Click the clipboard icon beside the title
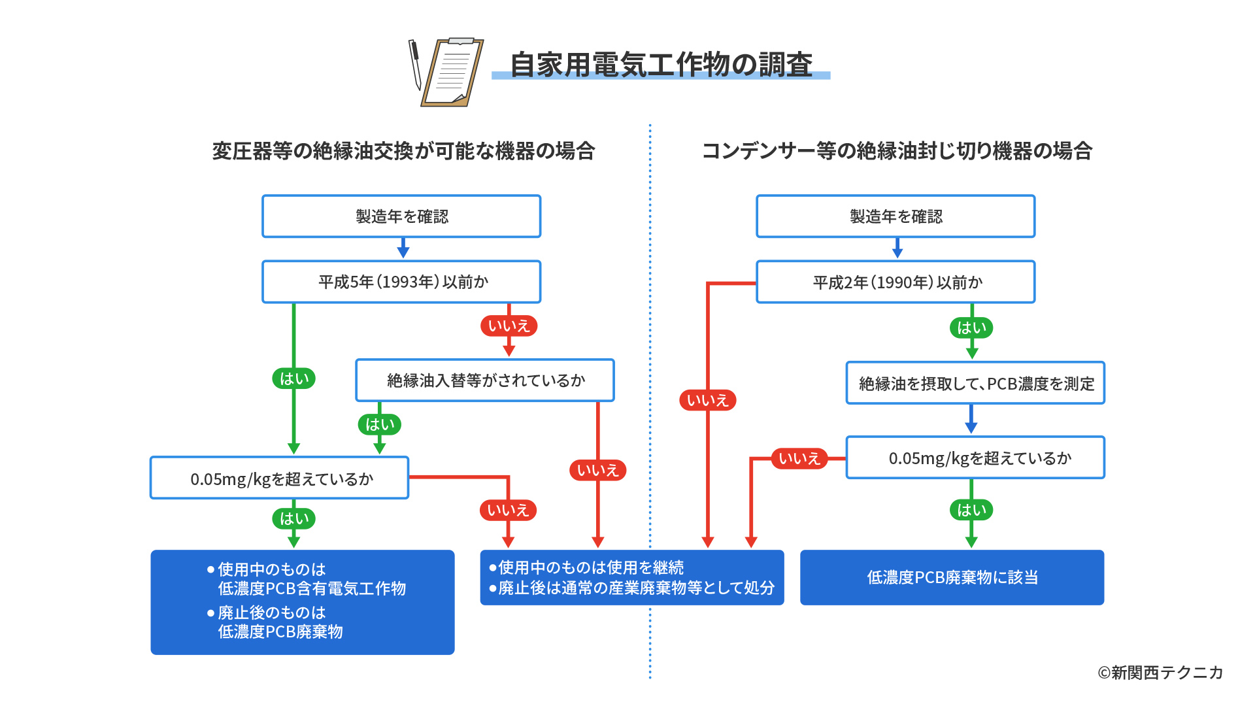tap(452, 72)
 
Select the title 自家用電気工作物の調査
tap(660, 65)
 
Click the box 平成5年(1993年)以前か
tap(401, 282)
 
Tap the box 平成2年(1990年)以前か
tap(895, 282)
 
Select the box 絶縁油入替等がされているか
tap(484, 380)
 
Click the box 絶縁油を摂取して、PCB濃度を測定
tap(975, 383)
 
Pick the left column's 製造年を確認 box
tap(401, 216)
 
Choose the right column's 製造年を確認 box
tap(895, 216)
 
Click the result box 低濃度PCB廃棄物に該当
tap(952, 577)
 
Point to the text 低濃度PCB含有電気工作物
tap(312, 588)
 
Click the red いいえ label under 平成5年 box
tap(509, 326)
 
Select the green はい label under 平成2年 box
tap(971, 328)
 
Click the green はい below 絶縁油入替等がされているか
tap(379, 424)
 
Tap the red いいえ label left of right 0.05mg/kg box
tap(799, 458)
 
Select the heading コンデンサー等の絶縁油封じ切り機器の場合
tap(897, 151)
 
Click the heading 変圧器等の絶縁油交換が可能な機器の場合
tap(403, 151)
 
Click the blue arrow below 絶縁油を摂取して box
tap(971, 420)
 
